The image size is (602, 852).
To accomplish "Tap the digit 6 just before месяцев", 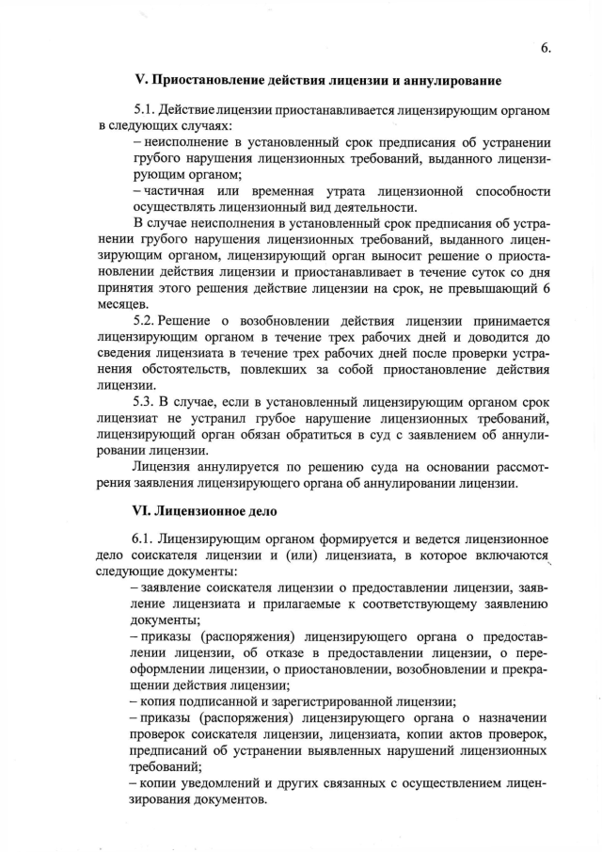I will click(547, 288).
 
